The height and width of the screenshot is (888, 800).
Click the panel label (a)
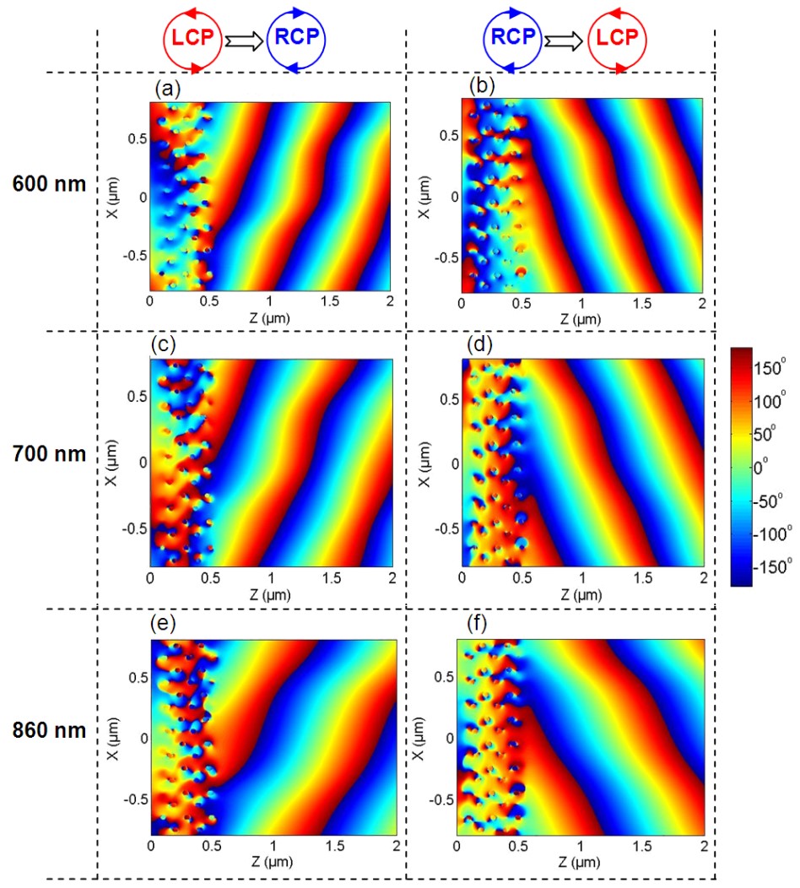click(x=165, y=87)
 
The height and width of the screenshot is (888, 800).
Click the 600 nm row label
click(x=50, y=183)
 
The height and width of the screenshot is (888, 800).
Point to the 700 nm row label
click(x=50, y=453)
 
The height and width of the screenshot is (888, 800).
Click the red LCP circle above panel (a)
click(x=192, y=40)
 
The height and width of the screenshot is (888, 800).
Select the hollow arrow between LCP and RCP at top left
click(x=245, y=40)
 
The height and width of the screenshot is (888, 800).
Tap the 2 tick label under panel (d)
click(x=703, y=577)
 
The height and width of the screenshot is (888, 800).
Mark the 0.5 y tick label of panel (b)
click(x=446, y=136)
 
